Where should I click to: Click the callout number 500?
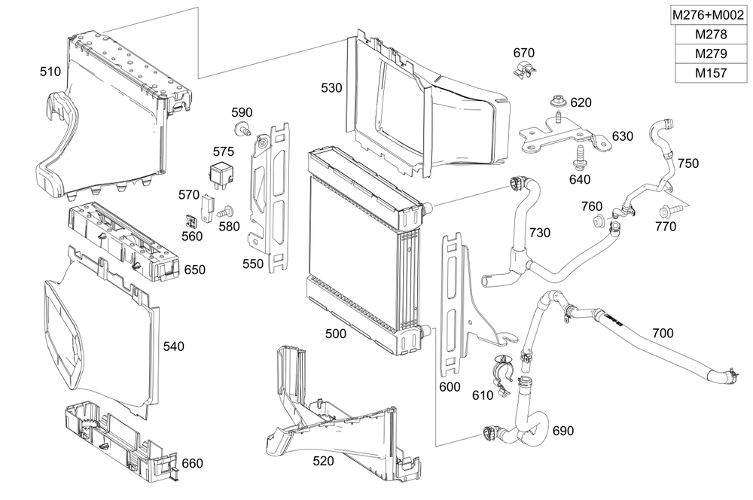(x=336, y=333)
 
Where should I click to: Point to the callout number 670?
(x=523, y=53)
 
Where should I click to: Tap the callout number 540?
(x=173, y=346)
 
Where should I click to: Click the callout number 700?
(x=663, y=333)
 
